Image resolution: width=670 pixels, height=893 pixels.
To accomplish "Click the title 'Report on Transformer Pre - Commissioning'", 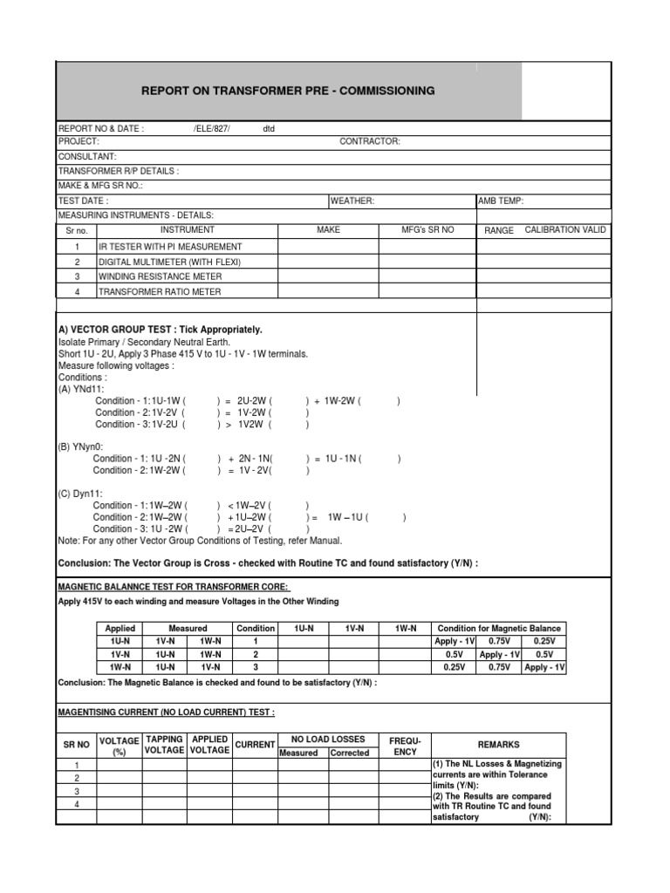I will point(288,91).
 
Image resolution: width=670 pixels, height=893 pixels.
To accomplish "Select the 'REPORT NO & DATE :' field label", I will point(100,128).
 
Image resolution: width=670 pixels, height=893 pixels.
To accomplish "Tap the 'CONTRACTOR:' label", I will point(370,141).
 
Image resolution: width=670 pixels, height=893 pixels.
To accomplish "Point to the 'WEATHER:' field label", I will point(352,201).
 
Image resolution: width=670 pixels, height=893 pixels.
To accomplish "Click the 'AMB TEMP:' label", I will point(501,201).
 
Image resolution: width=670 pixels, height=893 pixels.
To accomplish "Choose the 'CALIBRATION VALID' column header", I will point(564,230).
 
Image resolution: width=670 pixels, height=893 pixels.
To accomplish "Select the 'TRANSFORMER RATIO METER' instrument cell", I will point(160,291).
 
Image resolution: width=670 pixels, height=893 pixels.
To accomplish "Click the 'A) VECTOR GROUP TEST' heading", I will point(160,330).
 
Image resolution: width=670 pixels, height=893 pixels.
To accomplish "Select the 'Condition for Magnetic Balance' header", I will point(499,628).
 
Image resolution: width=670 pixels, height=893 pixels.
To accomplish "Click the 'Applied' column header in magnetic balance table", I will point(120,628).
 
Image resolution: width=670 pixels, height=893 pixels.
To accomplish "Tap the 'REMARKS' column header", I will point(498,745).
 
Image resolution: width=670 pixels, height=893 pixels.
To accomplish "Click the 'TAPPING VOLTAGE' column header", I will point(164,745).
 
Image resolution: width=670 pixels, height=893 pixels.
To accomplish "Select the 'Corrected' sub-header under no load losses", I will point(349,753).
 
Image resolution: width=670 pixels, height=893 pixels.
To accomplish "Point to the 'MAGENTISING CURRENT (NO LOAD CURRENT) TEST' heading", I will point(166,712).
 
